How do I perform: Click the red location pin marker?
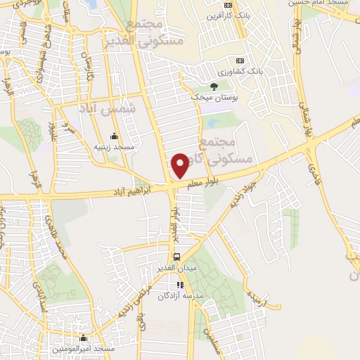(180, 165)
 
